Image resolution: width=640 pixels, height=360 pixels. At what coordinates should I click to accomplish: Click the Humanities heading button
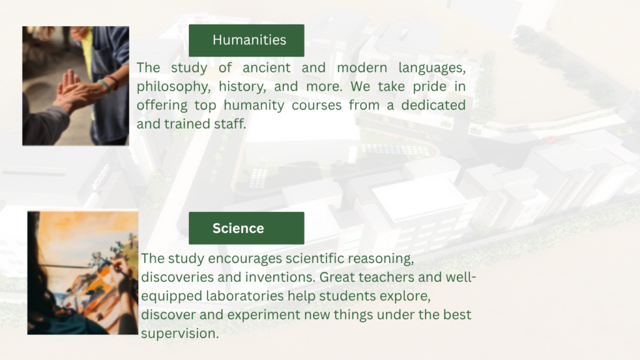pos(246,41)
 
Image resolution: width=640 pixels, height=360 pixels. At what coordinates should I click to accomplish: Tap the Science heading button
pos(246,228)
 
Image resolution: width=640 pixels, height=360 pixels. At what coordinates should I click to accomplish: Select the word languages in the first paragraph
pos(432,68)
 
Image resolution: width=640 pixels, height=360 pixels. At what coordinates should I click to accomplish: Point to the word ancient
pos(266,67)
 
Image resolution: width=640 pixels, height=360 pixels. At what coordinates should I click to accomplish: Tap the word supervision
pos(179,334)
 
